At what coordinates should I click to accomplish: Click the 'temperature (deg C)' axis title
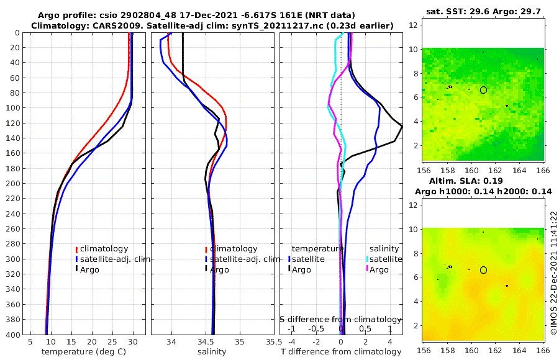tap(84, 352)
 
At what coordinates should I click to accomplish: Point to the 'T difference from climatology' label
tap(341, 352)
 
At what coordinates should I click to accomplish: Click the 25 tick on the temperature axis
tap(112, 341)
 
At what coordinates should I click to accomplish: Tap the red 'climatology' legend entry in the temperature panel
tap(102, 248)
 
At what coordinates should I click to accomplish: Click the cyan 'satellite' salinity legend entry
tap(384, 259)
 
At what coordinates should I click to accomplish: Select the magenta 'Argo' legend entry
tap(379, 269)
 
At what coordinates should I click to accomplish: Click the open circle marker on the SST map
tap(484, 90)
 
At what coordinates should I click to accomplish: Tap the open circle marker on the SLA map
tap(484, 270)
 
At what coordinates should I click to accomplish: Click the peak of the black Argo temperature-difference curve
tap(402, 127)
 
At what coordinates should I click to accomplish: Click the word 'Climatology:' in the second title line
tap(57, 25)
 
